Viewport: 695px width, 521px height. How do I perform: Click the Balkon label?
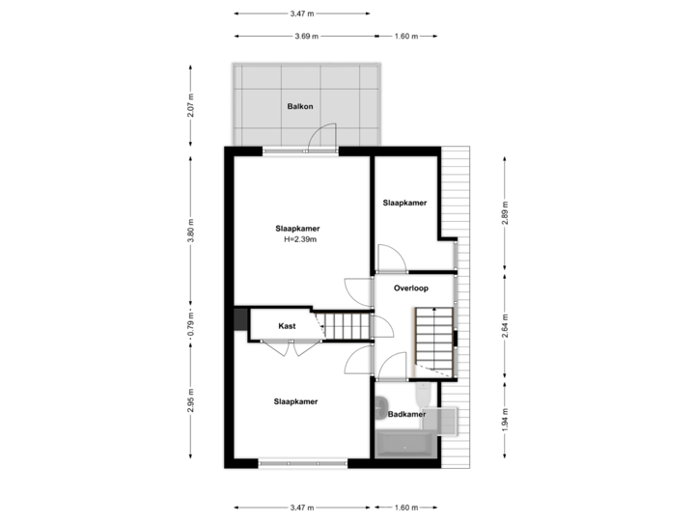(300, 106)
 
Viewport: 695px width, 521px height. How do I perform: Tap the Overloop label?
(411, 288)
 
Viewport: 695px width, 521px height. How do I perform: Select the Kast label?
(287, 326)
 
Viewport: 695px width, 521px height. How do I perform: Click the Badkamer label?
(406, 415)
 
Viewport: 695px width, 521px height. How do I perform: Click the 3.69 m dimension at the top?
(307, 36)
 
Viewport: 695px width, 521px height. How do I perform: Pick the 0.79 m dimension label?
(191, 319)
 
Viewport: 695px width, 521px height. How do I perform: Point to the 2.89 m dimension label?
(504, 213)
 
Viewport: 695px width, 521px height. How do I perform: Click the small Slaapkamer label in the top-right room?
(404, 204)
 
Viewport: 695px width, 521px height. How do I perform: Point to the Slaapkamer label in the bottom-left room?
(296, 401)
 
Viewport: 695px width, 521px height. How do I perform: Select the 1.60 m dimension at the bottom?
(406, 506)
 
